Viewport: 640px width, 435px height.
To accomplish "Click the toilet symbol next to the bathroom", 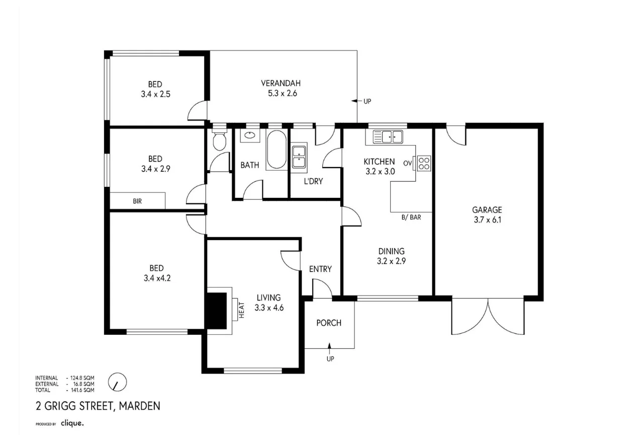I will (x=219, y=141).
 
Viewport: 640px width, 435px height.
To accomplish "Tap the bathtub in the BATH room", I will (x=276, y=150).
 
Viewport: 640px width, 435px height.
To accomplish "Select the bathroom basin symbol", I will (x=249, y=135).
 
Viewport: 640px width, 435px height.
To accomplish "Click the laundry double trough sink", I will (x=299, y=156).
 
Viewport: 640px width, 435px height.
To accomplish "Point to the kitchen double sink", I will (x=388, y=136).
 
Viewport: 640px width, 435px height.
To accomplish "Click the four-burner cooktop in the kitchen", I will (x=424, y=163).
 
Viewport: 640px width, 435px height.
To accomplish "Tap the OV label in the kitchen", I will (x=407, y=163).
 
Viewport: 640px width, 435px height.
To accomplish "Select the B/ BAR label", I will (x=411, y=217).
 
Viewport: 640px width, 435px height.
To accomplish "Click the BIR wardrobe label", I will (x=137, y=201).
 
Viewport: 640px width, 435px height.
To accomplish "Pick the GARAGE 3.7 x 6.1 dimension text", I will (x=487, y=220).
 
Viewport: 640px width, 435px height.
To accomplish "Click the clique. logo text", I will (x=72, y=423).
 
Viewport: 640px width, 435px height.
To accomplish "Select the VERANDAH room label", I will (x=281, y=84).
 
